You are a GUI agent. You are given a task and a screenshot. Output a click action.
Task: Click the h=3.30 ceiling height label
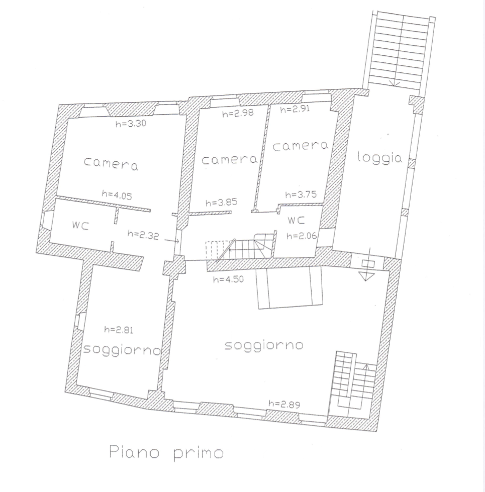(131, 123)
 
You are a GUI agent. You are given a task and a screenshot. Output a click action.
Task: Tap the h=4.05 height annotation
(117, 195)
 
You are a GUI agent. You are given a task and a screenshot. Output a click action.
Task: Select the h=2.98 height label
(238, 113)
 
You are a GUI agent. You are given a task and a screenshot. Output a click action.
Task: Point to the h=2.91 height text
(295, 109)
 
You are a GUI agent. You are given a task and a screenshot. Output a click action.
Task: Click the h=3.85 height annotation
(222, 203)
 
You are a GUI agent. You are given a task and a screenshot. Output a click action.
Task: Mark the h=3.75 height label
(301, 194)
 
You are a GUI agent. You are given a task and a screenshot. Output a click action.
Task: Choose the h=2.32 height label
(143, 235)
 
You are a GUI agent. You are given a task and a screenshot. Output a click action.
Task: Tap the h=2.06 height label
(302, 236)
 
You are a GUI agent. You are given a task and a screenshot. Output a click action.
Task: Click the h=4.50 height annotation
(228, 279)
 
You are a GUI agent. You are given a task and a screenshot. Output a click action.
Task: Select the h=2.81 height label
(119, 330)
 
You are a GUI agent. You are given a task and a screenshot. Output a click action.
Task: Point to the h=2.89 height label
(284, 404)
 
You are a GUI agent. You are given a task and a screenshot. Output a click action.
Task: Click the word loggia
(379, 157)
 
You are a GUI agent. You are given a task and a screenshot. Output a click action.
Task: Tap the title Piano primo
(166, 453)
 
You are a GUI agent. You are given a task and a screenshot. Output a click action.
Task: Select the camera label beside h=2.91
(300, 146)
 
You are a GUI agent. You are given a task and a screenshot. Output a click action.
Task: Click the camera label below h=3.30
(111, 163)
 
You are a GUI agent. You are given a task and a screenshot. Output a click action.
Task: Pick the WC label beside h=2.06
(296, 221)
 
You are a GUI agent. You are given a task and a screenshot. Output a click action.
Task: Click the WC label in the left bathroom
(80, 225)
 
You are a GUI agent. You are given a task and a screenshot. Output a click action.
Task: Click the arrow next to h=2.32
(171, 241)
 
